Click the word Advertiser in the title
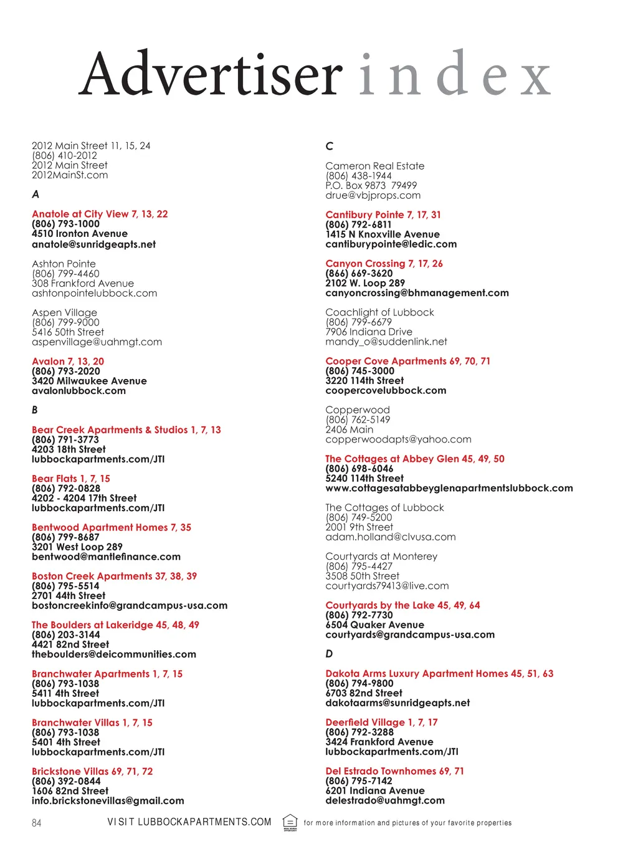click(x=211, y=75)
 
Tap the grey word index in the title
click(x=455, y=75)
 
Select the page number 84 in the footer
click(x=37, y=823)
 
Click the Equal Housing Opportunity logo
click(x=290, y=822)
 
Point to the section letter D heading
click(x=329, y=654)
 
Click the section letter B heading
click(x=35, y=410)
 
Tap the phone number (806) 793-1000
click(x=65, y=224)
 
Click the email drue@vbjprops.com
click(x=373, y=195)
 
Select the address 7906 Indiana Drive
click(x=369, y=332)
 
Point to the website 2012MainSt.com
click(x=70, y=175)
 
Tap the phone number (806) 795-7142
click(x=359, y=781)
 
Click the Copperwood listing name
click(x=358, y=410)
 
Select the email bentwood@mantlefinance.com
click(x=106, y=557)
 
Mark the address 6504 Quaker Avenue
click(x=374, y=625)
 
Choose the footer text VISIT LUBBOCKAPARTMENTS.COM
click(x=189, y=822)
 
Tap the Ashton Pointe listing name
click(x=64, y=264)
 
